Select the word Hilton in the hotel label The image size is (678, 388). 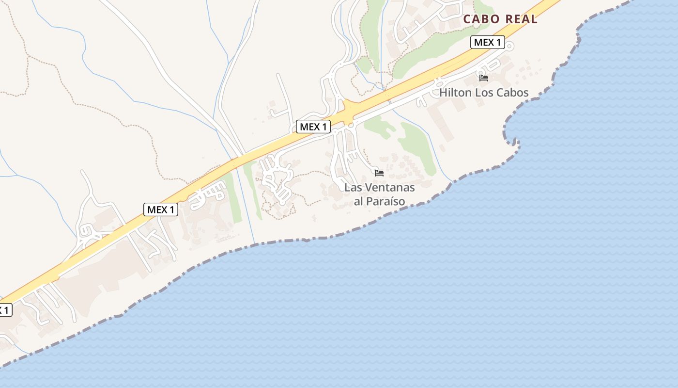(455, 93)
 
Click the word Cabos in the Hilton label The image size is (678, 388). (512, 93)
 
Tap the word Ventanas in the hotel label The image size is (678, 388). (389, 187)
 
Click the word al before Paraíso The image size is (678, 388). (359, 201)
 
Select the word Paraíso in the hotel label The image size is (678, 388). (386, 201)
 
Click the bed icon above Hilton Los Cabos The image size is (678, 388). (483, 78)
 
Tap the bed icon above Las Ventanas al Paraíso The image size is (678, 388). (379, 173)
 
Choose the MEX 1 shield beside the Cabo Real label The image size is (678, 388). (488, 42)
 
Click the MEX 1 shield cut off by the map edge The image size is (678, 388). (5, 310)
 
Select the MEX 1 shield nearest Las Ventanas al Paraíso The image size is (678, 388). (313, 127)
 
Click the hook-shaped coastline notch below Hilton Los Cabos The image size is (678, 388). (516, 143)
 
